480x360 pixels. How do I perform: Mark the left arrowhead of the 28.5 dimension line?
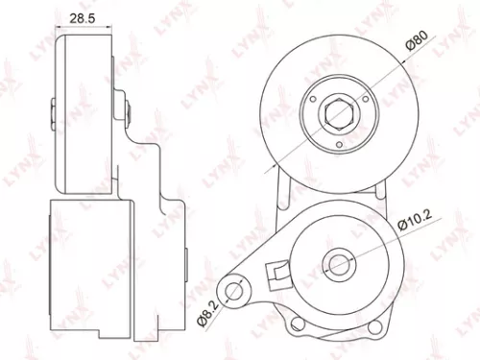59,31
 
